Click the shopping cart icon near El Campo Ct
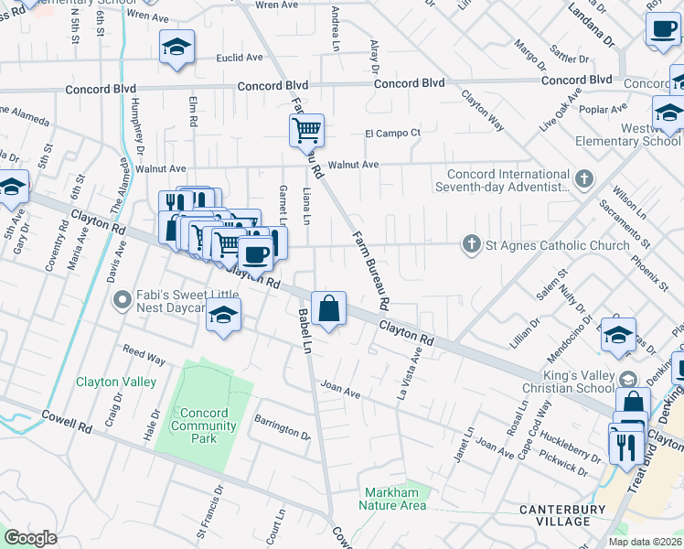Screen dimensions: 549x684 pos(307,129)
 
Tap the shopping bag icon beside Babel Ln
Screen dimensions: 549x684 pos(328,308)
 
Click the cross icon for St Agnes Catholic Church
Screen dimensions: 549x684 pos(471,244)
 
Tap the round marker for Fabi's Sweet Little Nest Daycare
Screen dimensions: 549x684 pos(120,299)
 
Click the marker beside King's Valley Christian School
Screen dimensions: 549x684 pos(627,379)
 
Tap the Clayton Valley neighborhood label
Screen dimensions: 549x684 pos(116,382)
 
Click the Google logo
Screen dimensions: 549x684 pos(30,538)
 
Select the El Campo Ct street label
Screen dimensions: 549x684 pos(392,133)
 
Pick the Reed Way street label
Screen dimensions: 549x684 pos(144,355)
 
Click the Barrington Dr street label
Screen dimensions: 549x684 pos(283,429)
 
